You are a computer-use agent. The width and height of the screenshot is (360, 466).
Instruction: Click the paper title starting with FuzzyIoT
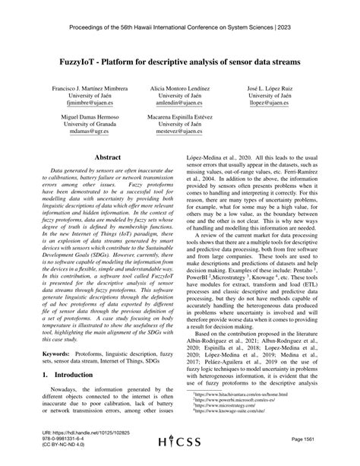tap(180, 59)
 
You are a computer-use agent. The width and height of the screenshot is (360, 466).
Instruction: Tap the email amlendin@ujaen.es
tap(181, 108)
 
